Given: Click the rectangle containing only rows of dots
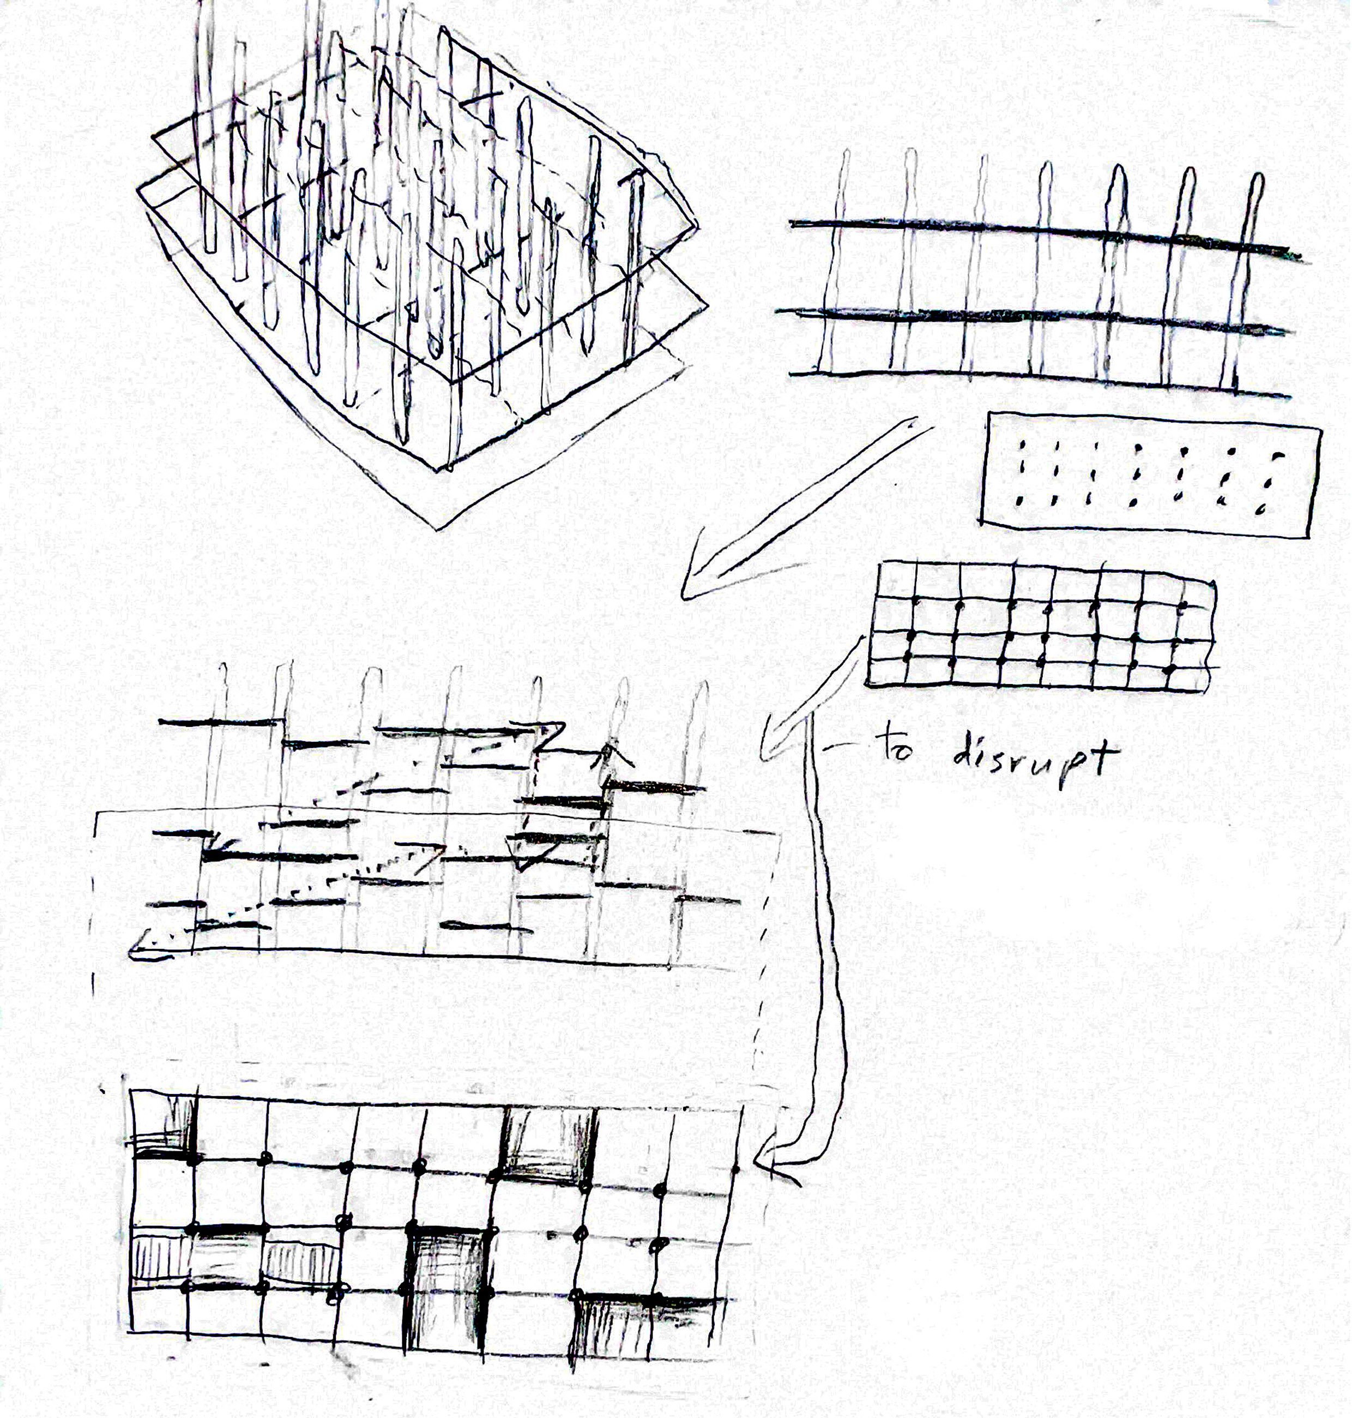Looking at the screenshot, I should [1150, 476].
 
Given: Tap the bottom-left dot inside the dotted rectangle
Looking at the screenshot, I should [1020, 500].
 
